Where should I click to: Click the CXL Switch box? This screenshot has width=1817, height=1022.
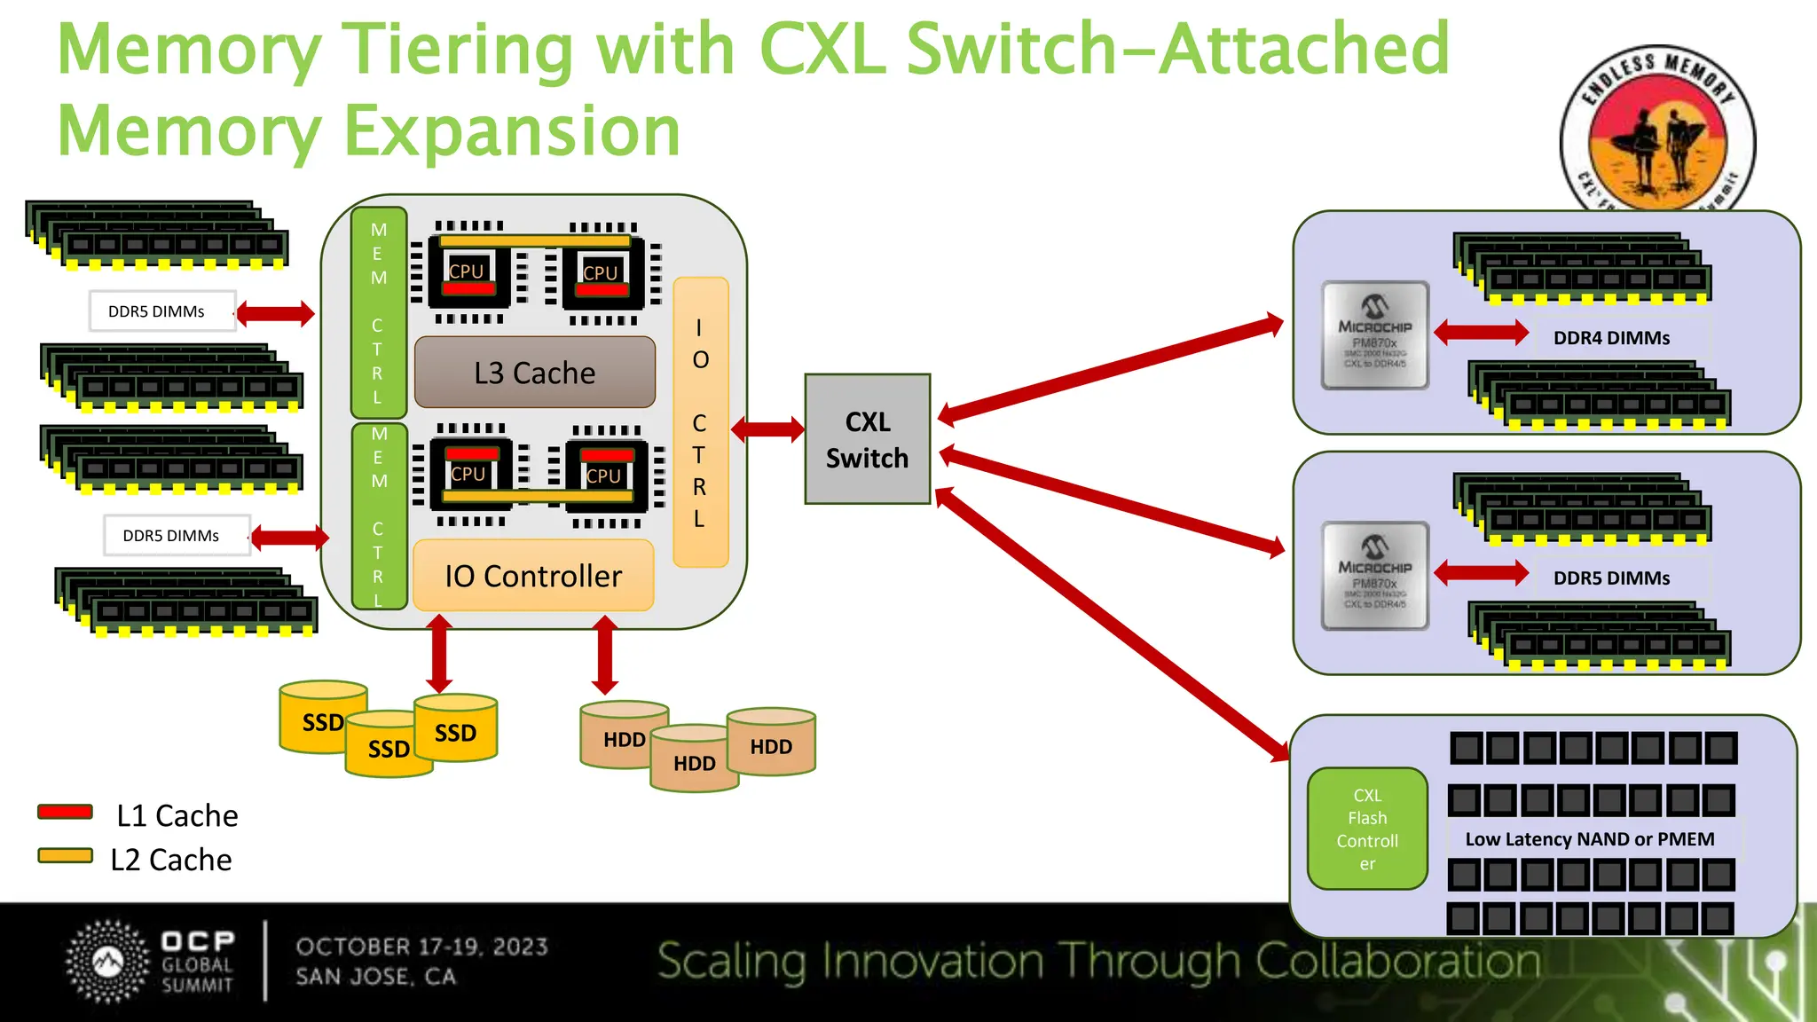(x=867, y=439)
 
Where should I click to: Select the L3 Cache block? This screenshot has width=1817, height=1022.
(x=534, y=373)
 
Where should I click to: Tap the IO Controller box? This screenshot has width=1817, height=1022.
(x=533, y=576)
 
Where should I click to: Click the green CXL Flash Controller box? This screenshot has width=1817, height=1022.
(x=1367, y=829)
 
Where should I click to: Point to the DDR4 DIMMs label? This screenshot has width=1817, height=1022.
(x=1611, y=338)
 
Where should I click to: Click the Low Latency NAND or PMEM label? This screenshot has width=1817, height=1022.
(x=1589, y=839)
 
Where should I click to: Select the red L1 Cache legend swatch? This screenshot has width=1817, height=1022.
(x=66, y=812)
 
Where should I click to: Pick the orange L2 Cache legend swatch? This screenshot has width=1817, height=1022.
(x=66, y=856)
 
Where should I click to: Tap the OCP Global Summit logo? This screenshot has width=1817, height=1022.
(x=151, y=963)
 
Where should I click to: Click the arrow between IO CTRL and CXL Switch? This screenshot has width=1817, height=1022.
(x=767, y=430)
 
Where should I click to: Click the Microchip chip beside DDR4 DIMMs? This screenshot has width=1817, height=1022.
(x=1374, y=335)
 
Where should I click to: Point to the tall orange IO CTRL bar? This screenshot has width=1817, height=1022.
(x=700, y=422)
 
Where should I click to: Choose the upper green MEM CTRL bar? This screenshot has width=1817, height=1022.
(x=379, y=312)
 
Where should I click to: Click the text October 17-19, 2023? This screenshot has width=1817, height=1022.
(x=421, y=947)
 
